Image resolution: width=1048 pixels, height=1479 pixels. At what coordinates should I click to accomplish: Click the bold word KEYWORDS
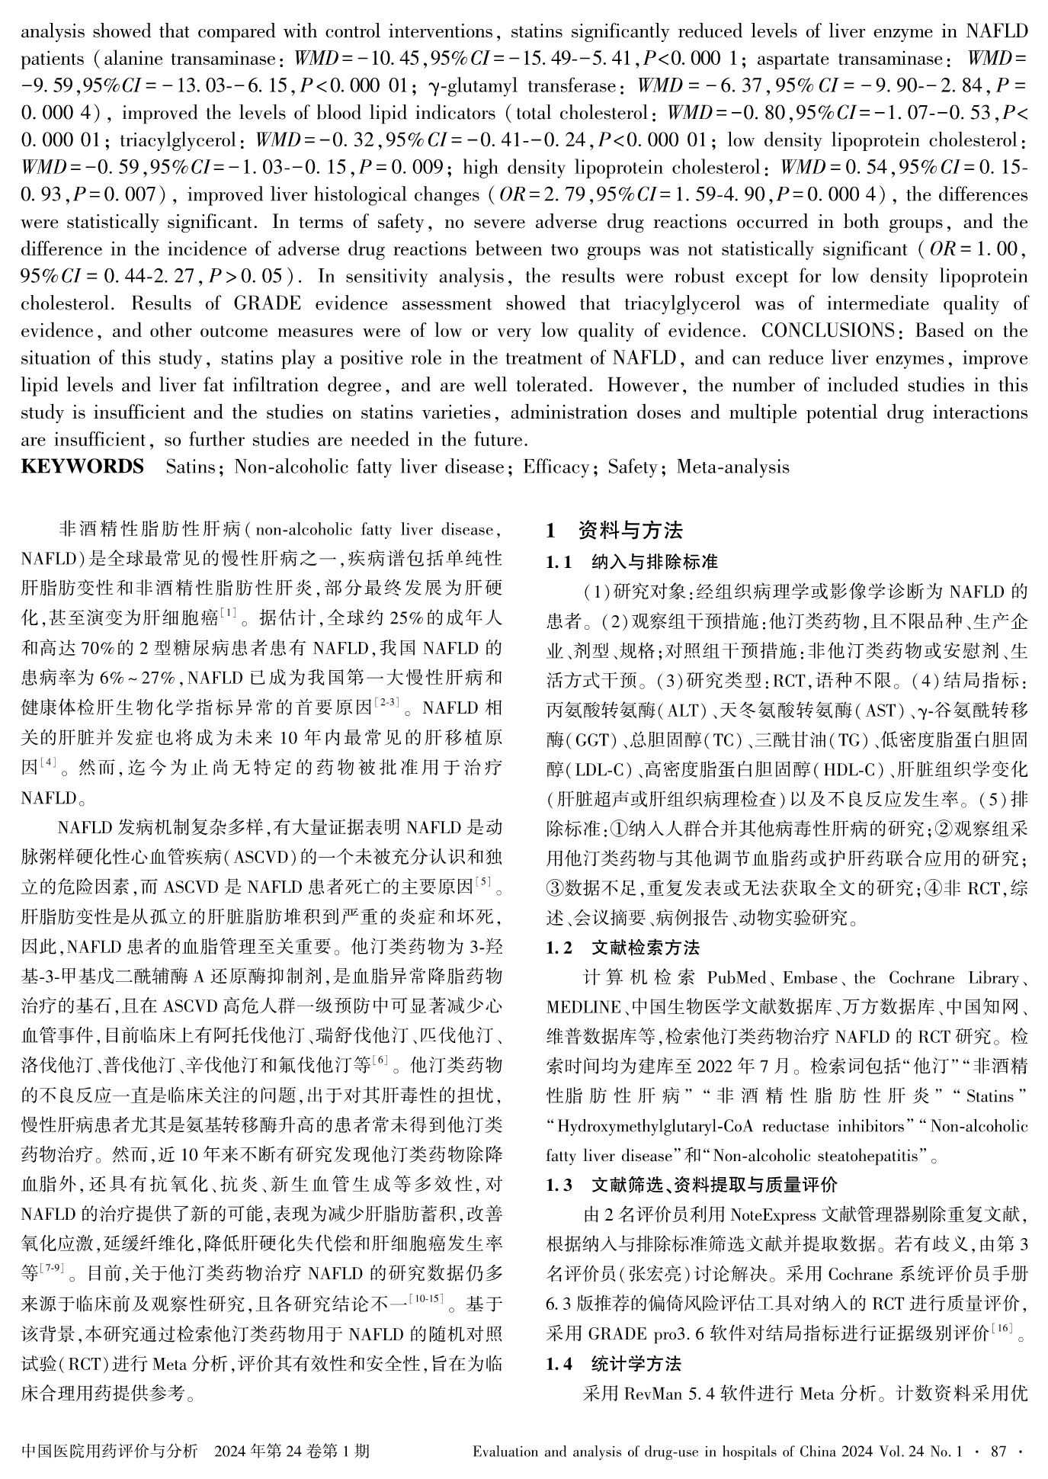pos(82,467)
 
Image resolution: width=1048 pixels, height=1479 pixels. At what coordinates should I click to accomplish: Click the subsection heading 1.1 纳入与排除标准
pos(632,562)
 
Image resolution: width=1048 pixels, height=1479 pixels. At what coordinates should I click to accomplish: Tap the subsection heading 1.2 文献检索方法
pos(623,948)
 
